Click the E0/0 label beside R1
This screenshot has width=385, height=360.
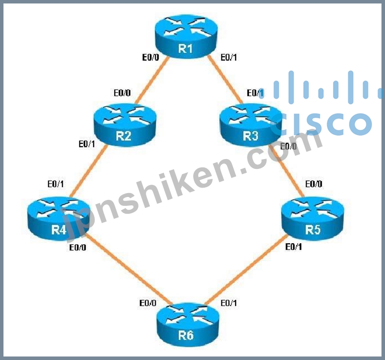[x=150, y=58]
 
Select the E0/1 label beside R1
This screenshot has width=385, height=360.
[x=229, y=58]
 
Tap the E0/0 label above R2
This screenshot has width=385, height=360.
[x=122, y=93]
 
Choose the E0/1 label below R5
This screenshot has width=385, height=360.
[x=295, y=247]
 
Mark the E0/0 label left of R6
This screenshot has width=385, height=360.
[x=147, y=303]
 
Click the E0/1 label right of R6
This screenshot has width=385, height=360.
[x=228, y=303]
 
